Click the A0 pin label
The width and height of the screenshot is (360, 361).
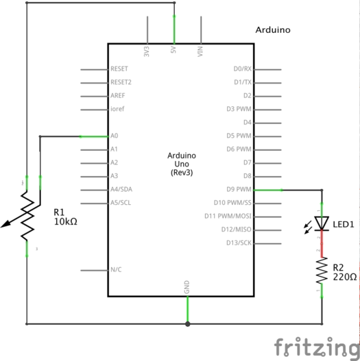(115, 136)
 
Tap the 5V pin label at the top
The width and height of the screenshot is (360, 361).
(174, 51)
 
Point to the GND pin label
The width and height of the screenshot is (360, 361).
(187, 288)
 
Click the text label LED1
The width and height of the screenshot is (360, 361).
(344, 223)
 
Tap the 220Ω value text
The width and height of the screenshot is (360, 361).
(346, 277)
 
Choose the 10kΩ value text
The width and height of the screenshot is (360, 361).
(67, 223)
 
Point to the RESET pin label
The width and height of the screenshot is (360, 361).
(120, 69)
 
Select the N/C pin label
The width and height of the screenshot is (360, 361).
(117, 269)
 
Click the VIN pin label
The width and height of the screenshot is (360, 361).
(201, 51)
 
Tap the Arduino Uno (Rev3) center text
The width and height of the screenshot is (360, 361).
(180, 165)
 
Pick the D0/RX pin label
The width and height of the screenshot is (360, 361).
(243, 69)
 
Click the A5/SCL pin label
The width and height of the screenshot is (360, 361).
(121, 203)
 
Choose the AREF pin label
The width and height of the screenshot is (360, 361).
(117, 96)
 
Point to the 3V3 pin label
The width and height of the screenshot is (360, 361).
(147, 51)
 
